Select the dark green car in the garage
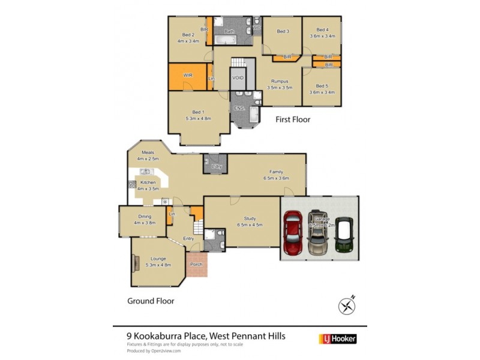click(x=343, y=235)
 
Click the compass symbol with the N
click(x=347, y=305)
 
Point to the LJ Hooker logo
click(x=340, y=339)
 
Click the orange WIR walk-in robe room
click(x=187, y=76)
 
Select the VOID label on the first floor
click(x=238, y=79)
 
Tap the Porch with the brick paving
click(x=196, y=264)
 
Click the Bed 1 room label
click(x=197, y=112)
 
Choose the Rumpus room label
click(x=280, y=81)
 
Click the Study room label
click(x=250, y=218)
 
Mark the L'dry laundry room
click(x=216, y=165)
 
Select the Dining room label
click(x=145, y=217)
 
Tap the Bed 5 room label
click(x=322, y=86)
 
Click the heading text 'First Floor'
click(x=293, y=119)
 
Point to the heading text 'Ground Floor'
click(x=150, y=301)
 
